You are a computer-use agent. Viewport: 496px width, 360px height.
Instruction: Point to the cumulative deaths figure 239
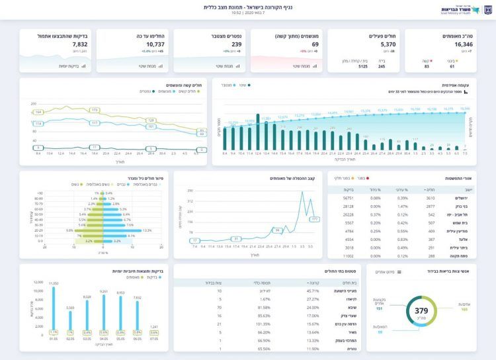(x=236, y=44)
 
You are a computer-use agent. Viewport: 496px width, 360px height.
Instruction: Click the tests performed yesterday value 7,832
(x=79, y=44)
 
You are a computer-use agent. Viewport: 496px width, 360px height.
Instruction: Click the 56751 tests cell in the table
(x=348, y=198)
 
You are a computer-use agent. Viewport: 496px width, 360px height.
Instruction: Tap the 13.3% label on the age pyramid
(x=147, y=230)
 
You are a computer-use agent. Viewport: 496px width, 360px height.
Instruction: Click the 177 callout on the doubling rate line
(x=315, y=218)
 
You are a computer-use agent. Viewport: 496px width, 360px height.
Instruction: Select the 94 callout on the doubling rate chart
(x=278, y=230)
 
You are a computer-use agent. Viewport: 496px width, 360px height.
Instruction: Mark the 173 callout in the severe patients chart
(x=95, y=109)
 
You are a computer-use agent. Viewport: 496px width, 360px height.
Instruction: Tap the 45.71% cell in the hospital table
(x=312, y=291)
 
